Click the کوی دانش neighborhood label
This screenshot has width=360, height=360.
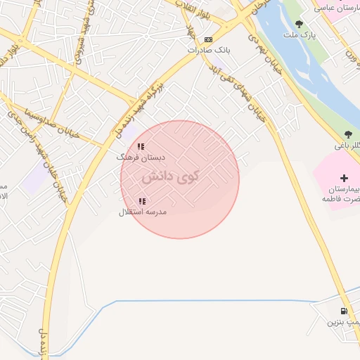coord(170,177)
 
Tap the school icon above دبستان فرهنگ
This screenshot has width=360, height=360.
coord(141,147)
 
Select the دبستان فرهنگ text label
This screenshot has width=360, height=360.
coord(139,157)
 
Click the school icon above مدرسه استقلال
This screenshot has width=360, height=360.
coord(142,201)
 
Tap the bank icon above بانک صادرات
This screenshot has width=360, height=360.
coord(208,39)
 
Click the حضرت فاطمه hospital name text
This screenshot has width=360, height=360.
coord(341,200)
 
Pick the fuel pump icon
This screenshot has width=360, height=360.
coord(343,311)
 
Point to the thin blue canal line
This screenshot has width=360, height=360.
coord(211,301)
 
